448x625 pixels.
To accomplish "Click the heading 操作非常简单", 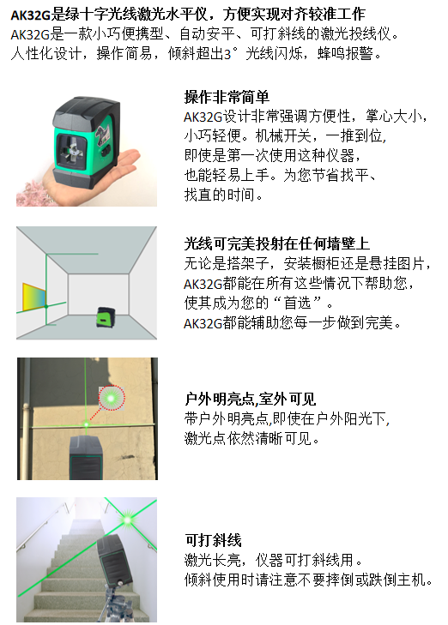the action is (227, 97).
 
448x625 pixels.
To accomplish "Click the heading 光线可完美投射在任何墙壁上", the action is (277, 243).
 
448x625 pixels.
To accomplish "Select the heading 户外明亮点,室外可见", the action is (250, 399).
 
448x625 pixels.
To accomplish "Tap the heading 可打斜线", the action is (213, 540).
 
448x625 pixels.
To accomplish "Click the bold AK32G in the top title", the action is (30, 15).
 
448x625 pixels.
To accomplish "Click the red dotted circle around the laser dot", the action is (112, 398).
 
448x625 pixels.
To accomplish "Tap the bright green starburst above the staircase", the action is (127, 520).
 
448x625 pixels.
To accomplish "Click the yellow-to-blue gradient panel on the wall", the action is (34, 297).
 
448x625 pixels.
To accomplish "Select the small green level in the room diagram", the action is (106, 317).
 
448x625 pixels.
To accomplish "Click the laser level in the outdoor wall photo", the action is (87, 457).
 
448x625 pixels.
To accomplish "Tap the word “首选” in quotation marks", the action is (297, 303).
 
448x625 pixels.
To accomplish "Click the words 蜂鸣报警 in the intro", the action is (346, 53).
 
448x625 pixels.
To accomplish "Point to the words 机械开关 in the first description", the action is (283, 136).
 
